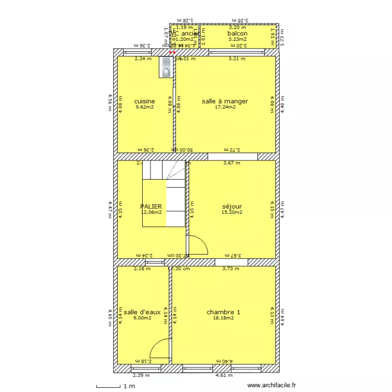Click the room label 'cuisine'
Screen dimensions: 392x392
144,101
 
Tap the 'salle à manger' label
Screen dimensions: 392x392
225,101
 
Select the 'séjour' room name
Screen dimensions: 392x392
232,206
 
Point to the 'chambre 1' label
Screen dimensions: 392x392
223,312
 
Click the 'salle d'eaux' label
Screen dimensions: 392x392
142,312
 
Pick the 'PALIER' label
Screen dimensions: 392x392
151,206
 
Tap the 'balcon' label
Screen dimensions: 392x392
237,33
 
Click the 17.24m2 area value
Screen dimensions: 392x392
225,108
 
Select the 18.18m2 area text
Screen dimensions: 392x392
223,318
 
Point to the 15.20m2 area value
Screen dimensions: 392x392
232,213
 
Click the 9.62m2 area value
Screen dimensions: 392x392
144,108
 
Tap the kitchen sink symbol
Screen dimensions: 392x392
166,67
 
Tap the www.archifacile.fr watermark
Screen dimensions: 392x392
271,385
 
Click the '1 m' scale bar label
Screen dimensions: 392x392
129,386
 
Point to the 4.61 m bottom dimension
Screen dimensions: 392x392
223,375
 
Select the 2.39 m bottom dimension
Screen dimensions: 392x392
141,375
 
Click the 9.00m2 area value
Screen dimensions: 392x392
142,318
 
